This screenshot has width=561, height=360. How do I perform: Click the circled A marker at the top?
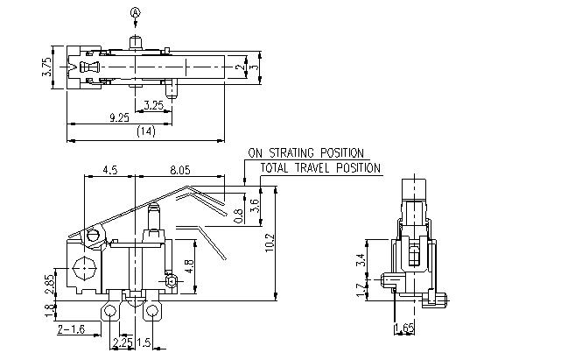click(x=135, y=12)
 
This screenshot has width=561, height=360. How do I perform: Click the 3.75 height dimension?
click(x=46, y=67)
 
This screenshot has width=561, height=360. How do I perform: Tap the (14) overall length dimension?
click(x=144, y=131)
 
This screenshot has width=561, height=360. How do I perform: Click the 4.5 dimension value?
click(x=109, y=170)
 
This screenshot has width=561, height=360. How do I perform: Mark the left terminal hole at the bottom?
click(x=111, y=311)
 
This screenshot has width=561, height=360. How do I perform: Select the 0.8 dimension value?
click(x=242, y=215)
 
